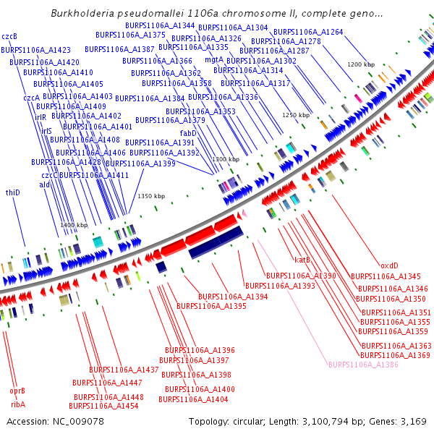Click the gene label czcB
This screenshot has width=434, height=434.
9,35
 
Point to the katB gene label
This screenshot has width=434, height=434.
302,259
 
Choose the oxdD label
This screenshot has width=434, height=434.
389,265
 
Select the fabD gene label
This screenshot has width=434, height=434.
188,133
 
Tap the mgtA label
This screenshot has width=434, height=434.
214,59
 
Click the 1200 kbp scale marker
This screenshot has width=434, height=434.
360,64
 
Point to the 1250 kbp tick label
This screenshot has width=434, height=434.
295,115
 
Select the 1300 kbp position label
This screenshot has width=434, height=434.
225,159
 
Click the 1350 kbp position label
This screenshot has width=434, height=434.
151,196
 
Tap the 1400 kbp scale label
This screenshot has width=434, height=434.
74,225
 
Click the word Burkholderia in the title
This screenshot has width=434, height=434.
83,14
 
